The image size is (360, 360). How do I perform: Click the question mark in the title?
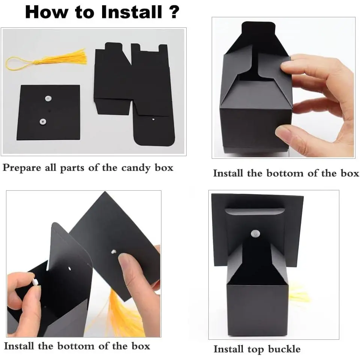tap(174, 12)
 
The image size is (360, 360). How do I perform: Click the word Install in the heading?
tap(131, 12)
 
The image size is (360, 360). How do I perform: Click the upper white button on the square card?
tap(48, 98)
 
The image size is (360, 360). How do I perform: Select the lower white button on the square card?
tap(43, 122)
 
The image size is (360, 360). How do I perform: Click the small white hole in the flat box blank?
tap(154, 119)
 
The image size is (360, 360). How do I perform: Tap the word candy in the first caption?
tap(136, 168)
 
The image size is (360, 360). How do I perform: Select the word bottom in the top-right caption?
tap(285, 173)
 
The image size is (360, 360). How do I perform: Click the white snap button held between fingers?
tap(36, 282)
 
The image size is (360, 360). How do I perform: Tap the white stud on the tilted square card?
tap(113, 252)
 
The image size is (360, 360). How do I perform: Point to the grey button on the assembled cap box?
tap(255, 233)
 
